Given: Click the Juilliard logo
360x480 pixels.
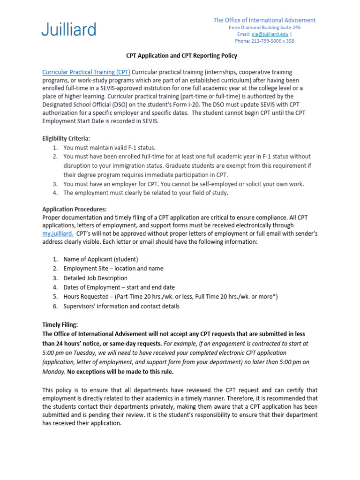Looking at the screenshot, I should (69, 29).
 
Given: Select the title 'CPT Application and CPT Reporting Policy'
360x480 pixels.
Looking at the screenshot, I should (182, 56).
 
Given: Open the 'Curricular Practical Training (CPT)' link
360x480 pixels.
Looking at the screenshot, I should (86, 72).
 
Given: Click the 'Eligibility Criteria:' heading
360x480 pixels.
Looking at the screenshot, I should (66, 138).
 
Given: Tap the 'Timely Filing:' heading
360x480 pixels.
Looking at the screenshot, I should (60, 324).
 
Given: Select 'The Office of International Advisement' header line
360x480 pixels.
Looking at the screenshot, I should (264, 20).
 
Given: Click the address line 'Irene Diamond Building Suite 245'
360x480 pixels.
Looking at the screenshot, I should (264, 28).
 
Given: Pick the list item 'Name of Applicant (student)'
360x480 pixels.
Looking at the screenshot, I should (101, 259).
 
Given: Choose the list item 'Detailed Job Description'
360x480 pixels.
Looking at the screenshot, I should (95, 278).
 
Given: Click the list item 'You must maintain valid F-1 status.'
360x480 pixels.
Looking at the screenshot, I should (109, 148).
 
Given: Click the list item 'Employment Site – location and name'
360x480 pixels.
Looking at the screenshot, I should (113, 269).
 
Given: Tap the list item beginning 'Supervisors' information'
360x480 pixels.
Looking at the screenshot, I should (121, 306).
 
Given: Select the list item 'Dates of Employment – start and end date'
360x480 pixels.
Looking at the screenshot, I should (119, 287).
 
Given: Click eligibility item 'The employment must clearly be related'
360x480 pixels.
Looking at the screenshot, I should (146, 193).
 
